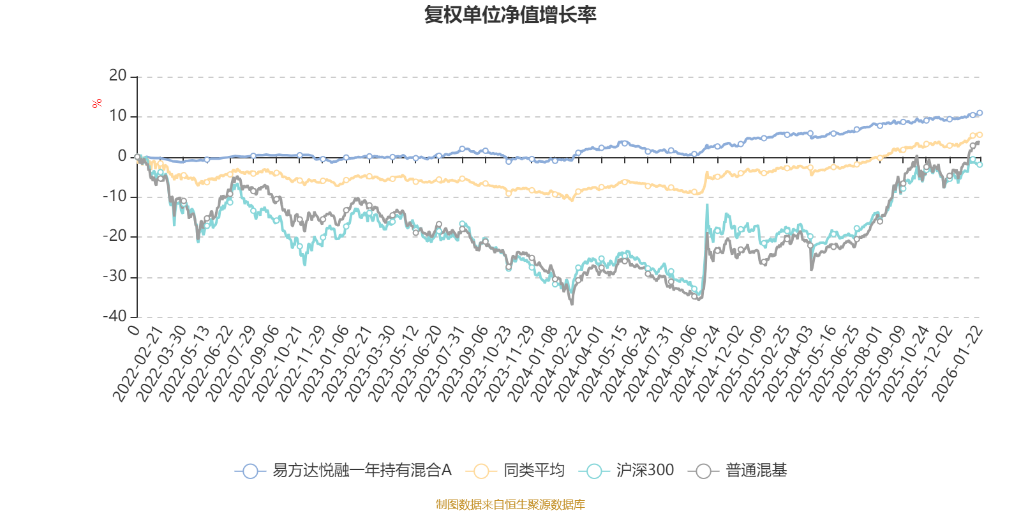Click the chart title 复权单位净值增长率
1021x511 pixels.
click(510, 15)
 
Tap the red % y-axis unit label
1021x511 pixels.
click(97, 103)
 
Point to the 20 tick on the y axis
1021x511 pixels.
click(118, 76)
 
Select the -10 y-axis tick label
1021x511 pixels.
click(116, 197)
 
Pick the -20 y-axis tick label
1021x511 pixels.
click(116, 237)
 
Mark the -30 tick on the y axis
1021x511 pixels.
click(116, 277)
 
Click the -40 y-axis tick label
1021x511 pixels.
click(116, 317)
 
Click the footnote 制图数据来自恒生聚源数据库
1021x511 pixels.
click(510, 505)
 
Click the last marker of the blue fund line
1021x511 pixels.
click(980, 113)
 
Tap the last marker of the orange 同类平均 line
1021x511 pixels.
click(980, 135)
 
